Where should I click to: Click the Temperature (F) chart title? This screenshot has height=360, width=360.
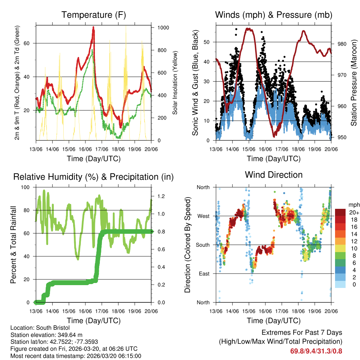pyautogui.click(x=94, y=15)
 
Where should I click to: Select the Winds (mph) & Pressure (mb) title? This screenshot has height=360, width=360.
pyautogui.click(x=274, y=15)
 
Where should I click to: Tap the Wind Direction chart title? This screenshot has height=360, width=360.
pyautogui.click(x=274, y=175)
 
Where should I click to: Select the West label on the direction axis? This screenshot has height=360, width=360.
pyautogui.click(x=204, y=216)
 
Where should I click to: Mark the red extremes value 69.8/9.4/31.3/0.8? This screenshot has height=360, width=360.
pyautogui.click(x=316, y=351)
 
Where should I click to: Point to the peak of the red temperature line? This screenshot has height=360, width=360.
pyautogui.click(x=94, y=27)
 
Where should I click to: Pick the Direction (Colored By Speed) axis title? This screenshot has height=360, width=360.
pyautogui.click(x=187, y=245)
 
